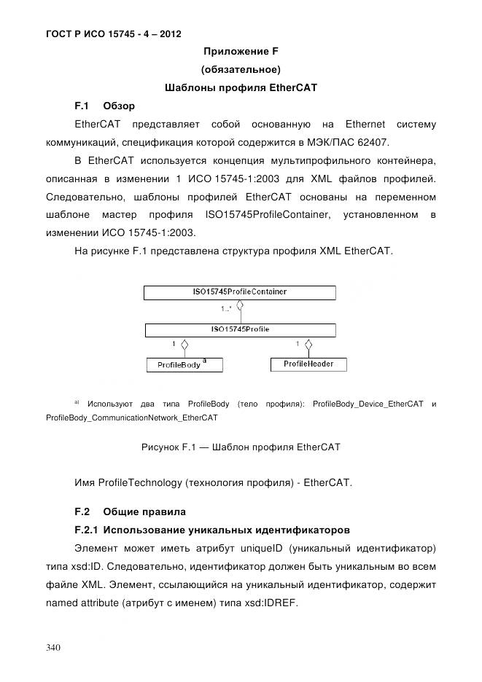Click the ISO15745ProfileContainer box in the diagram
point(240,292)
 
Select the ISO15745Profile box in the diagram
point(240,330)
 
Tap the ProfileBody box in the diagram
point(184,364)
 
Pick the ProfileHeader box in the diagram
point(308,364)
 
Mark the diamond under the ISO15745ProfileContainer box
point(241,307)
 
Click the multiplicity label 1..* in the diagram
point(227,310)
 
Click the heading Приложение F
point(241,51)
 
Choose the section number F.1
point(82,106)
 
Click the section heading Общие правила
point(144,511)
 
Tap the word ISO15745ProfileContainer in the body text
point(268,215)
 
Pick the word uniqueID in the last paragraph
point(279,547)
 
